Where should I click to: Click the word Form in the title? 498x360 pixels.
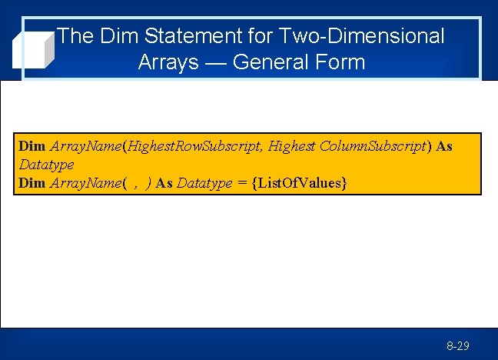pyautogui.click(x=342, y=62)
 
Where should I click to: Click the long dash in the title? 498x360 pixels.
pyautogui.click(x=215, y=62)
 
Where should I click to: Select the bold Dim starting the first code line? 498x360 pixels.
pyautogui.click(x=32, y=146)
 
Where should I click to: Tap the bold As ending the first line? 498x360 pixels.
pyautogui.click(x=444, y=146)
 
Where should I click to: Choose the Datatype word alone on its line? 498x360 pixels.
pyautogui.click(x=46, y=165)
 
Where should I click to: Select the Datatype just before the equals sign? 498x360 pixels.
pyautogui.click(x=204, y=183)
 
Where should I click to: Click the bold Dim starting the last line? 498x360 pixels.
pyautogui.click(x=32, y=183)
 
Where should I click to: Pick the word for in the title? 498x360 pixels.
pyautogui.click(x=259, y=36)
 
